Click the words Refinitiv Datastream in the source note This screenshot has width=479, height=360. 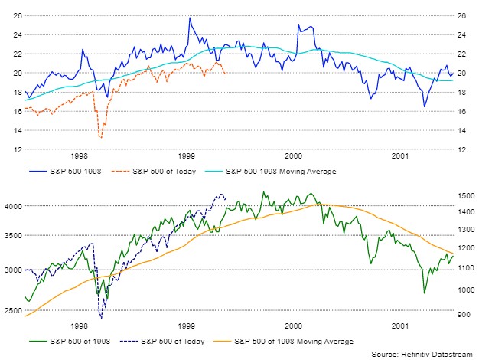[437, 354]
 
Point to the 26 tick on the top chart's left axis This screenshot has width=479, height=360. [18, 15]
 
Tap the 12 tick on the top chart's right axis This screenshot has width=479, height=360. [461, 149]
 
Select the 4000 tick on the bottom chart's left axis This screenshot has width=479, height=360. [14, 207]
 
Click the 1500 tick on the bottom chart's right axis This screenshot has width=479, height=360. [466, 196]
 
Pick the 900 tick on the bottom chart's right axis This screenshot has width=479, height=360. [464, 315]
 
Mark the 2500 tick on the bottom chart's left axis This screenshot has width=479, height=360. [14, 311]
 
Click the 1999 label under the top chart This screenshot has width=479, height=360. [187, 156]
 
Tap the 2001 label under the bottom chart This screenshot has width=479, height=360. [400, 326]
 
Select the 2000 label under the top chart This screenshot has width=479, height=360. [293, 156]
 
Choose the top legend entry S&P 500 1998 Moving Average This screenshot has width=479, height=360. [270, 172]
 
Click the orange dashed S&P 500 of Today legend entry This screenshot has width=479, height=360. [154, 172]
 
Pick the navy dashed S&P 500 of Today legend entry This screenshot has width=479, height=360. [162, 342]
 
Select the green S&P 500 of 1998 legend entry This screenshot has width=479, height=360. [70, 342]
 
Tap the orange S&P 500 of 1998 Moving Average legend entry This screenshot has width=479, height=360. [283, 342]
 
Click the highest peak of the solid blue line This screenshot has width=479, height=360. [190, 18]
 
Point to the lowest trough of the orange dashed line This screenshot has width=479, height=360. [101, 138]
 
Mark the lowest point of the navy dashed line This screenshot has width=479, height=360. [102, 318]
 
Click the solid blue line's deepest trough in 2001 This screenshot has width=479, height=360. [425, 106]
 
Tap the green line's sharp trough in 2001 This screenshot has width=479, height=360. [425, 293]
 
